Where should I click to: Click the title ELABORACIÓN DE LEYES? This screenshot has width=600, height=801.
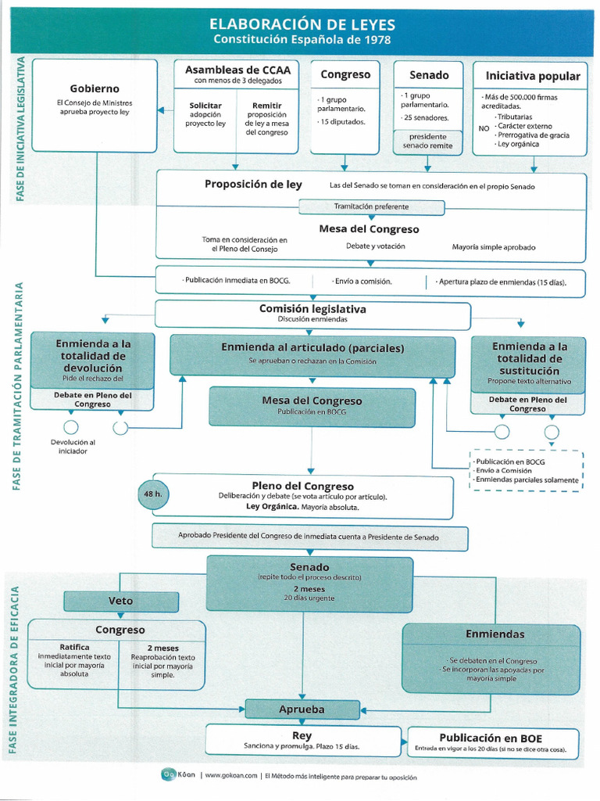point(302,24)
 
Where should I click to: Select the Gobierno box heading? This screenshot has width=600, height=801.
point(95,88)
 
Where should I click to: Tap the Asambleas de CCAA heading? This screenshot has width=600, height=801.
point(237,70)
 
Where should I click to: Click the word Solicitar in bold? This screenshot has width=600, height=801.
point(205,105)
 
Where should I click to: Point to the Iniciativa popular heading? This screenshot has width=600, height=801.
point(533,76)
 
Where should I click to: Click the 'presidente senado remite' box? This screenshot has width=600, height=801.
point(427,142)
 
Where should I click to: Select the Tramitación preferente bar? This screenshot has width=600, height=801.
point(371,207)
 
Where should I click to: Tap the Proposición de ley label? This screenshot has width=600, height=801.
point(253,185)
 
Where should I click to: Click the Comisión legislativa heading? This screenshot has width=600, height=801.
point(312,309)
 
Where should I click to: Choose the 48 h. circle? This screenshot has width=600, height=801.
point(152,494)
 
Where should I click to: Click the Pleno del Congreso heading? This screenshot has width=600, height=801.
point(302,486)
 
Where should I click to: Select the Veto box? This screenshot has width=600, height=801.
point(120,601)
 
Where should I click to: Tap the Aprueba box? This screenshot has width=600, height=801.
point(302,709)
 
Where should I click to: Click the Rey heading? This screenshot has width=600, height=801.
point(302,735)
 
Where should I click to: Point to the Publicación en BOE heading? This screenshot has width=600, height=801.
point(491,738)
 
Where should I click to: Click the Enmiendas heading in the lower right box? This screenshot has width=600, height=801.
point(495,634)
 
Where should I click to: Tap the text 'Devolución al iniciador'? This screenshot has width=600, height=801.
point(73,447)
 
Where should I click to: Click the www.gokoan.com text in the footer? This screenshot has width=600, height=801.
point(231,777)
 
